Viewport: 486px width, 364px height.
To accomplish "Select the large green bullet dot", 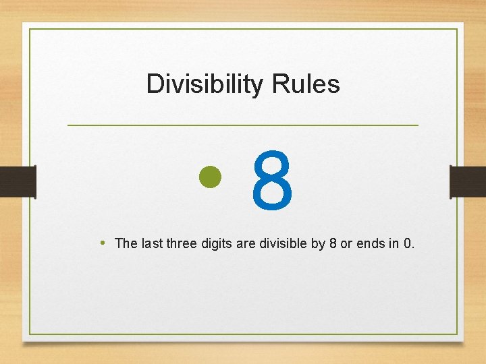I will tap(211, 177).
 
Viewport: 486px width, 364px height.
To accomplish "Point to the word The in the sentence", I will tap(126, 243).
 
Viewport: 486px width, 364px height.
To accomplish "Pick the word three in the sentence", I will tap(183, 243).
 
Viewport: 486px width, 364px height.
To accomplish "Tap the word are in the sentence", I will tap(247, 243).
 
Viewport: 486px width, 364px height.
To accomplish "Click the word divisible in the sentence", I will tap(283, 243).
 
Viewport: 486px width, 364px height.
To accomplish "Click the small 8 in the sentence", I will tap(333, 243).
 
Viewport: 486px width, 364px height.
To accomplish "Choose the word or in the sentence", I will tap(346, 243).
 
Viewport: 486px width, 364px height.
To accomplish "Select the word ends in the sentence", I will tap(371, 243).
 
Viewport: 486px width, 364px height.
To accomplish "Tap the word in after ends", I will tap(393, 243).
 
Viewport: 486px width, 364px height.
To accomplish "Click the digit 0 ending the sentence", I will tap(407, 243).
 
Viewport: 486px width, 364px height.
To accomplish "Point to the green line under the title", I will tap(243, 125).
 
